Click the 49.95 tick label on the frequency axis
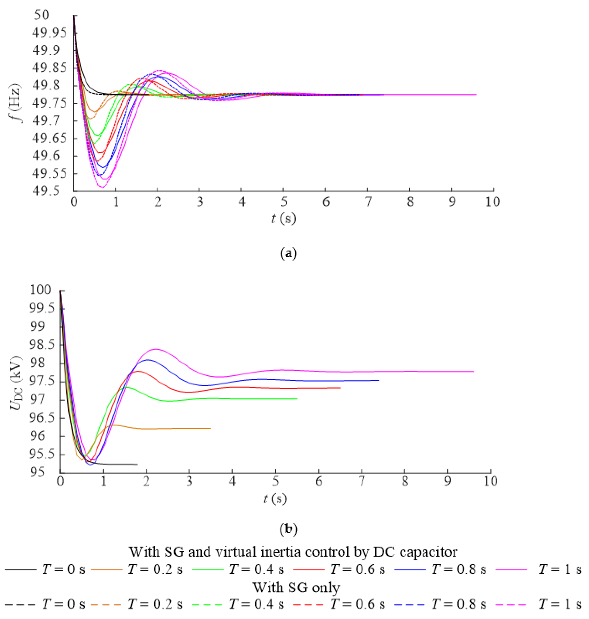point(49,33)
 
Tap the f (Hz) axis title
point(15,103)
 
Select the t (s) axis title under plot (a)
point(283,219)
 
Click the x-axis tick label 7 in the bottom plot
point(362,481)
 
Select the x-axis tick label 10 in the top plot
point(493,202)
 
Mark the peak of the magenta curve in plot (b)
point(156,349)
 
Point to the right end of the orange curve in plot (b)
point(211,428)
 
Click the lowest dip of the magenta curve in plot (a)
point(102,187)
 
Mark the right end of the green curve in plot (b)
point(297,399)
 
